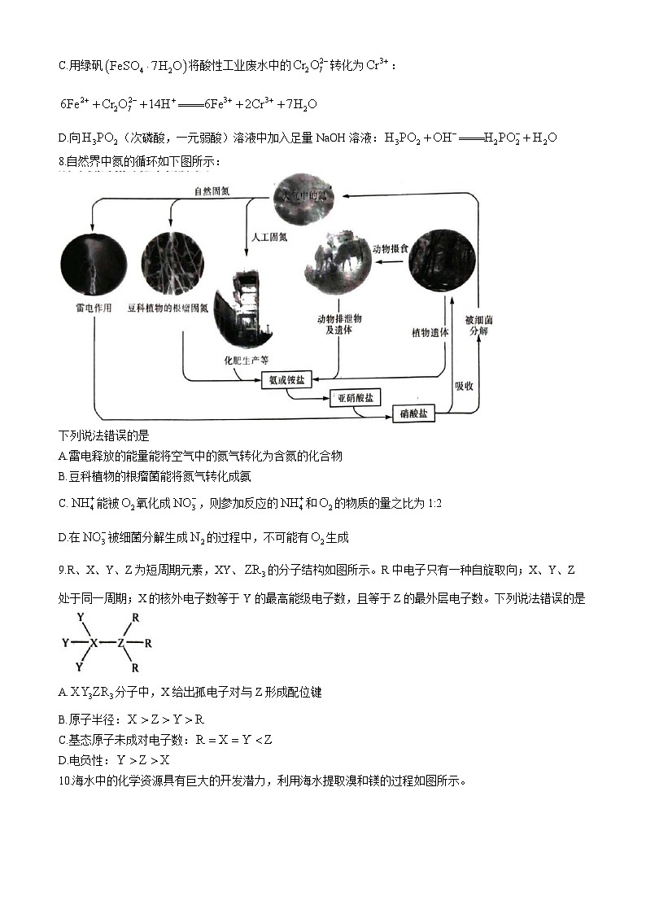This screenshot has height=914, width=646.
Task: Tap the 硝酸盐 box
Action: point(414,413)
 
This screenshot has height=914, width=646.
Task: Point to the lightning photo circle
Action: point(94,263)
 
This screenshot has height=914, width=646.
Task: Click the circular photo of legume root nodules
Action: point(172,263)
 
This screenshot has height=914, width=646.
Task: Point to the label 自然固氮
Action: point(212,190)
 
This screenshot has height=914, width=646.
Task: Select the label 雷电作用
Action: point(92,308)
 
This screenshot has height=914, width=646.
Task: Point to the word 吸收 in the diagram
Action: point(465,385)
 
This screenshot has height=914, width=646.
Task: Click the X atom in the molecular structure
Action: point(94,642)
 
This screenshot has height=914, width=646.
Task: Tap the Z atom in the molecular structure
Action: point(121,642)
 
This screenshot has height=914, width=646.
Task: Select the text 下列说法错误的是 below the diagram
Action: point(104,437)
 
